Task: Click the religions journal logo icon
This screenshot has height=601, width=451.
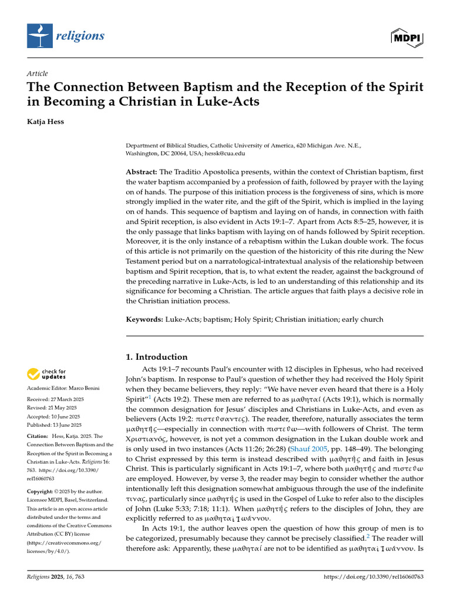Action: tap(39, 36)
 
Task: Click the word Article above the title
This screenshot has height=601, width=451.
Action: tap(37, 73)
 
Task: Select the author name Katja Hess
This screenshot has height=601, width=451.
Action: tap(48, 123)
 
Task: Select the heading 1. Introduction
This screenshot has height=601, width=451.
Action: tap(157, 357)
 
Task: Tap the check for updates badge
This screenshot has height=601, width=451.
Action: tap(47, 373)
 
